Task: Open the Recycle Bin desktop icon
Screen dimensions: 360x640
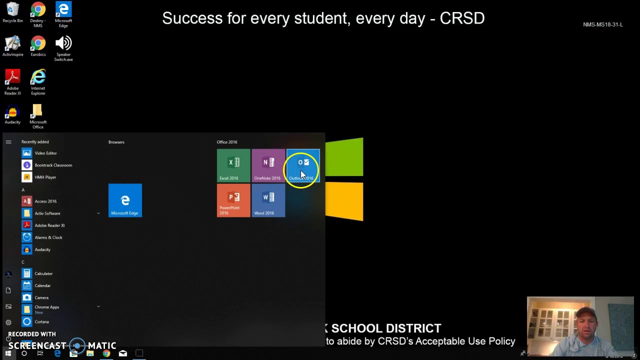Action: tap(12, 12)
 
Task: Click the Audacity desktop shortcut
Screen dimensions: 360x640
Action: tap(12, 115)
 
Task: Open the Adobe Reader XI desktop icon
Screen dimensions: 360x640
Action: tap(12, 81)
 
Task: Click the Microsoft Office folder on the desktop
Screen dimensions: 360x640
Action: tap(38, 115)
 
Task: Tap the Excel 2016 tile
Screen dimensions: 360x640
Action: tap(233, 165)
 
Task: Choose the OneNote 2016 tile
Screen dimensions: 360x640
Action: tap(268, 165)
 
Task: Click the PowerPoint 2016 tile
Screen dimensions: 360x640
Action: tap(233, 200)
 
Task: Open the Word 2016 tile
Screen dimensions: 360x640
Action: tap(268, 200)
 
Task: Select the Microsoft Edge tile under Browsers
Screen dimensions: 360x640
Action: tap(125, 200)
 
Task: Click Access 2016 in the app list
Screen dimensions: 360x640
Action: tap(45, 201)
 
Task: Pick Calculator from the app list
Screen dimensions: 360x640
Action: tap(43, 273)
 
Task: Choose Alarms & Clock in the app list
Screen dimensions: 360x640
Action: tap(48, 237)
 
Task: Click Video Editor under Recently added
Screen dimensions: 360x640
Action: tap(45, 153)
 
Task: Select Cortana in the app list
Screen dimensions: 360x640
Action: tap(41, 321)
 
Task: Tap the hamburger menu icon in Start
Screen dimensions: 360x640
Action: tap(8, 142)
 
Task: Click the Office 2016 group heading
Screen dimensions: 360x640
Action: tap(227, 142)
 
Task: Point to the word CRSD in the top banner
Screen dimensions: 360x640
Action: tap(462, 18)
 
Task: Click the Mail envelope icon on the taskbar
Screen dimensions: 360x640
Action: tap(123, 353)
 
